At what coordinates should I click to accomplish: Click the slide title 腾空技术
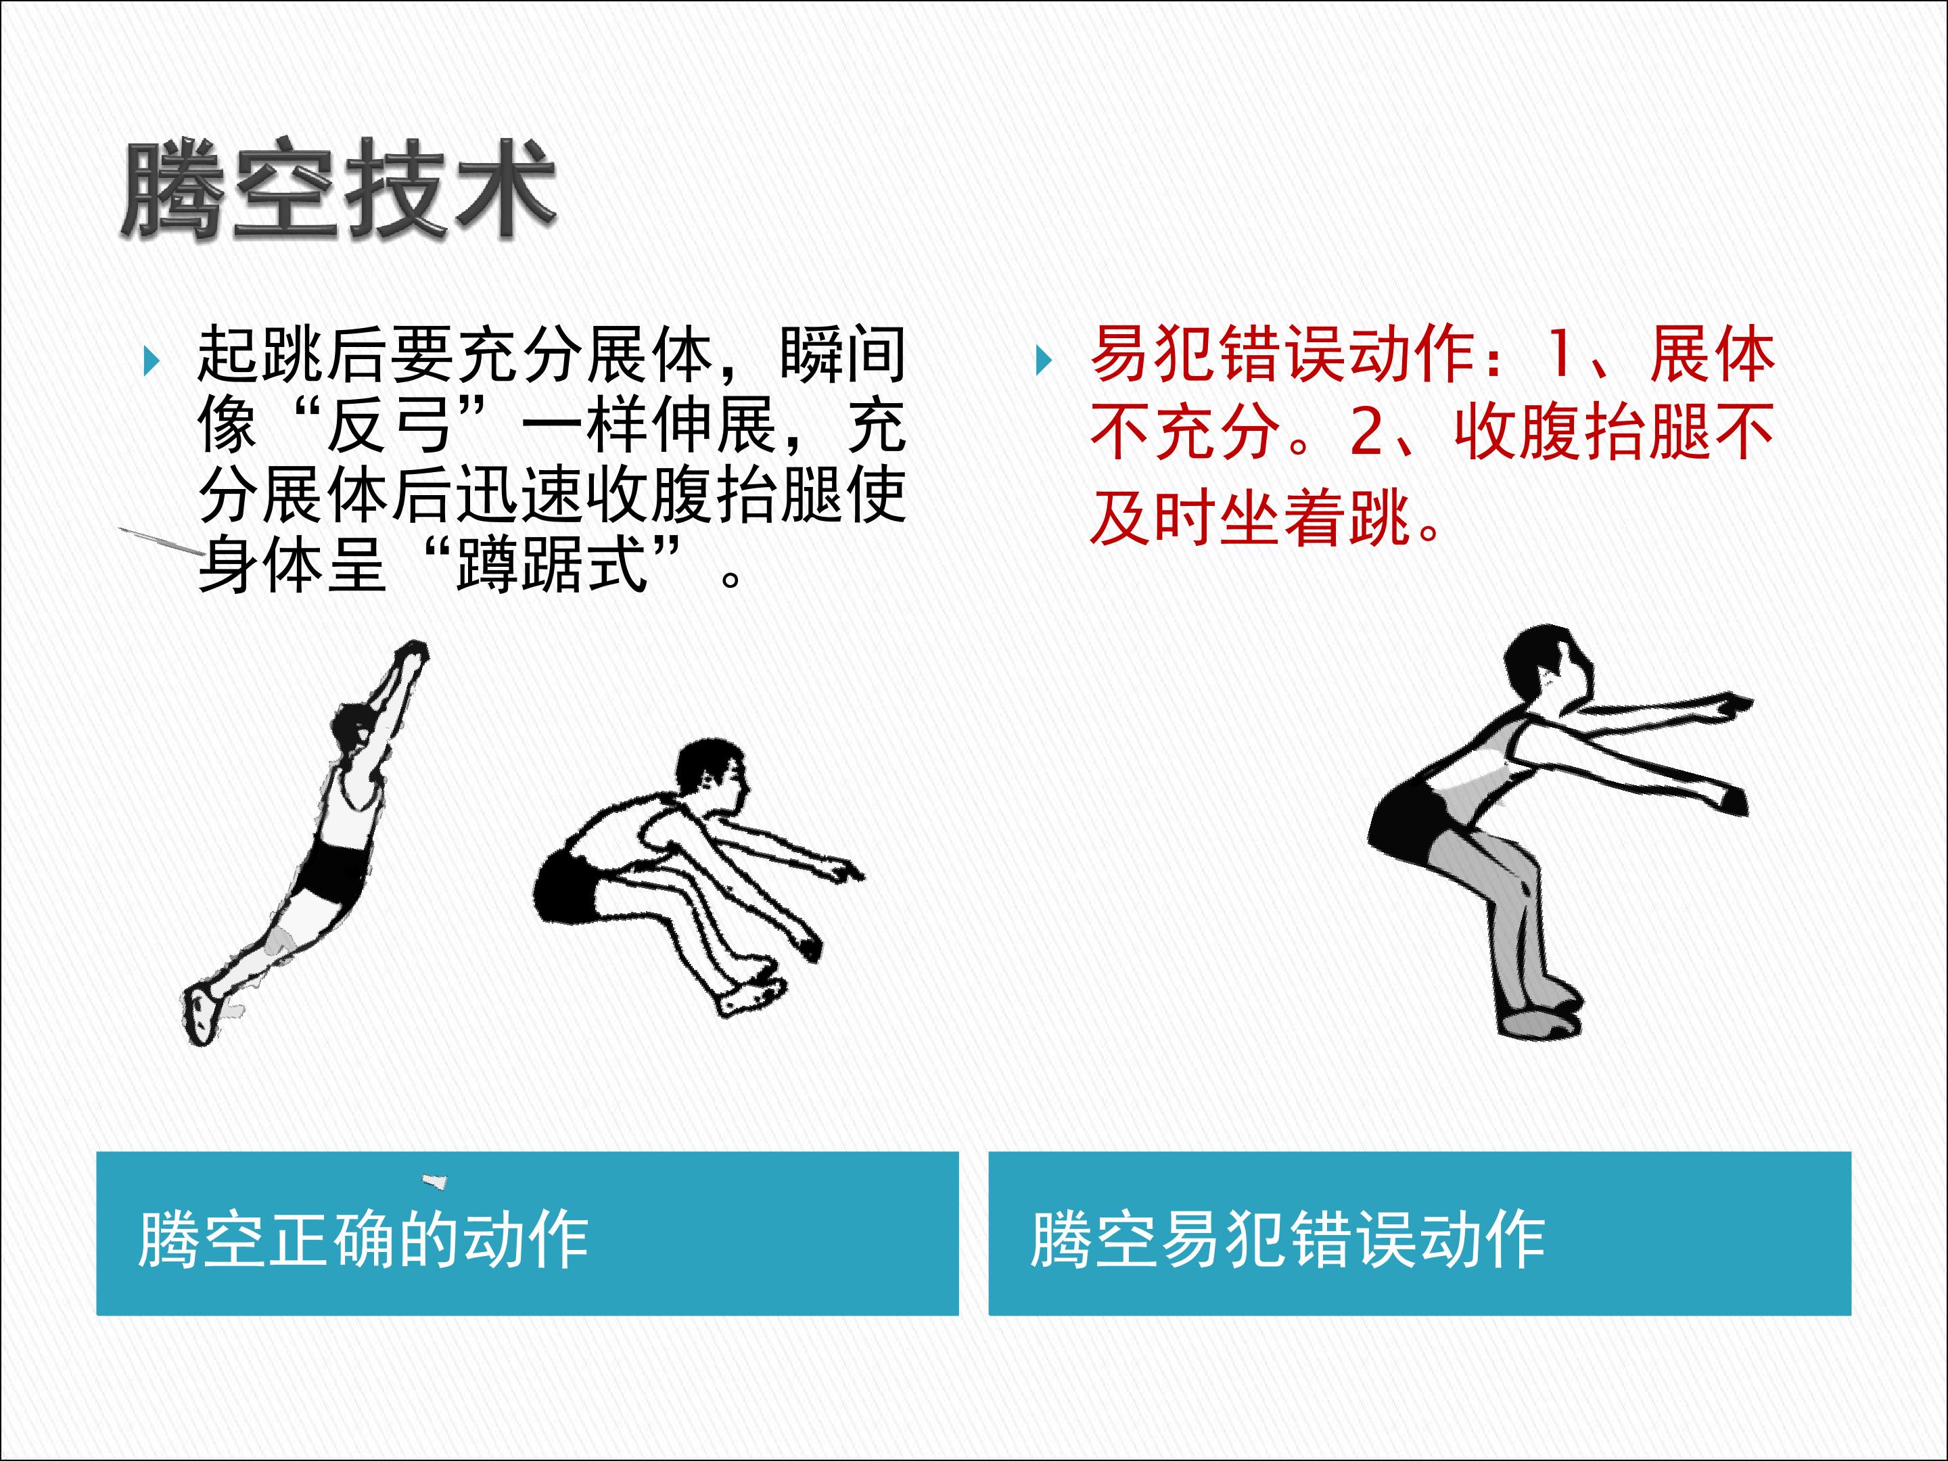point(338,189)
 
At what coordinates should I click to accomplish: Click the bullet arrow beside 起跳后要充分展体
point(152,361)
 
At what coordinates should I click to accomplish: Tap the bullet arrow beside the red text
point(1044,361)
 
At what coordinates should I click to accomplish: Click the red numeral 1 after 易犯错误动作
point(1559,354)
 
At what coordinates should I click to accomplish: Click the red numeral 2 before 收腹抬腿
point(1367,432)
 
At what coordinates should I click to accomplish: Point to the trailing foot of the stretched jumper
point(202,1013)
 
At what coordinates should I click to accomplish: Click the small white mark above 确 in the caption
point(434,1180)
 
